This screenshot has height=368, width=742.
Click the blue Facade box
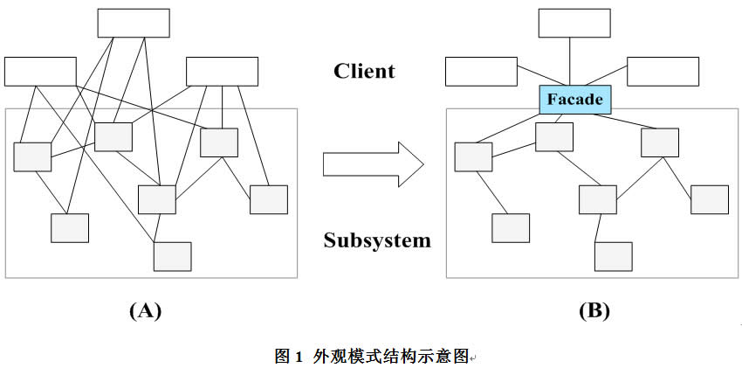point(574,99)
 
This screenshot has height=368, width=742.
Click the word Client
point(364,71)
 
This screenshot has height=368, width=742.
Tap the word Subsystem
point(376,240)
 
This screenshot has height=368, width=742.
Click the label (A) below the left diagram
point(145,310)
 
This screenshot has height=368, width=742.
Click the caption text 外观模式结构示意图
point(389,356)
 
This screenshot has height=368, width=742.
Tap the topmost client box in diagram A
point(132,23)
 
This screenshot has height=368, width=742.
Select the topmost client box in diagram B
point(574,23)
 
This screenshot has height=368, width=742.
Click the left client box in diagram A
point(40,71)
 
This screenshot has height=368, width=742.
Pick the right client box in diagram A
point(222,71)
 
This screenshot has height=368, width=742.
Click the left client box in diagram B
point(481,71)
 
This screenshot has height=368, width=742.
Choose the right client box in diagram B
point(663,71)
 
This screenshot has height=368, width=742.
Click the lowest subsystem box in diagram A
point(172,256)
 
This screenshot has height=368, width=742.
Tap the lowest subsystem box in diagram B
point(614,256)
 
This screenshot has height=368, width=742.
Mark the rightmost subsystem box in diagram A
point(268,199)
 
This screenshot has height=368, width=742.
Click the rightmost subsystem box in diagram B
point(710,199)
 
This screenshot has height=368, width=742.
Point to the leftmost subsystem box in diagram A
point(32,156)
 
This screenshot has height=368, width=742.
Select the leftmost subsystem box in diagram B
point(473,156)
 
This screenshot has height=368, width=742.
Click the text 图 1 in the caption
point(287,356)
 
